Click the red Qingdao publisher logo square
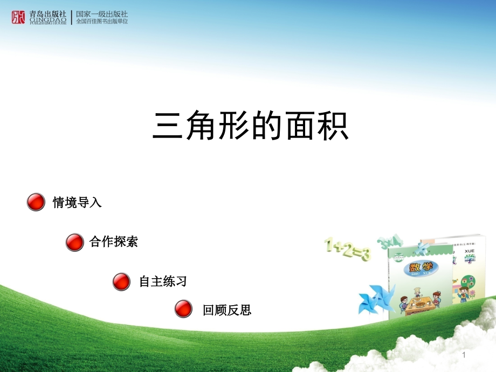(x=18, y=17)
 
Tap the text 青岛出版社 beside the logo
(x=49, y=14)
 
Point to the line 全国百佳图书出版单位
(x=102, y=22)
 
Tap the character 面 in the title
(x=292, y=127)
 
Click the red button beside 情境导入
(x=36, y=202)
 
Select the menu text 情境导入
(x=77, y=203)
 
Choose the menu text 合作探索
(x=114, y=242)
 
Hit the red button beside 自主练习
(x=121, y=281)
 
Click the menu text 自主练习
(x=163, y=281)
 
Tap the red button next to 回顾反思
(x=184, y=309)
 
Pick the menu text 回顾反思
(x=227, y=310)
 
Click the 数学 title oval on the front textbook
(x=419, y=267)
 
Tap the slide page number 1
(x=463, y=355)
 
